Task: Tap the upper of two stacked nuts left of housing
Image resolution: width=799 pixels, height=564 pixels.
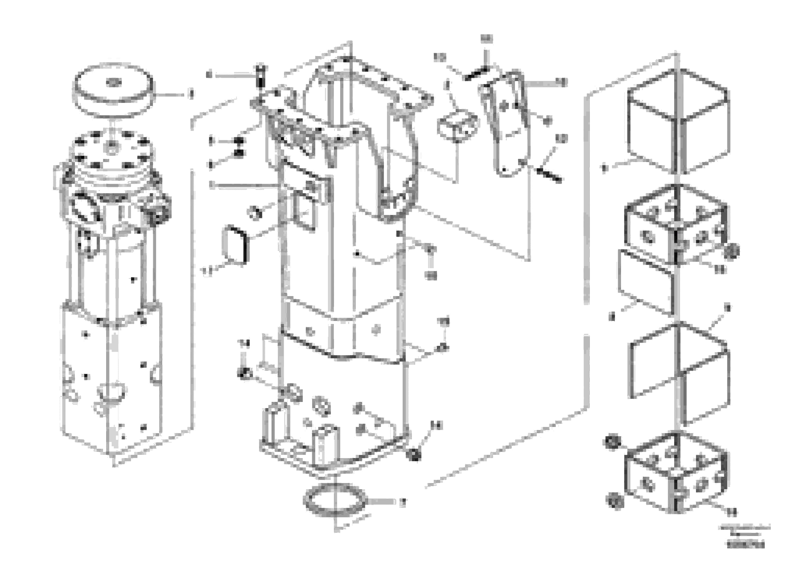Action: tap(239, 141)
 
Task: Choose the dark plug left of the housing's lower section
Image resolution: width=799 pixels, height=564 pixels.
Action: tap(244, 373)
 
